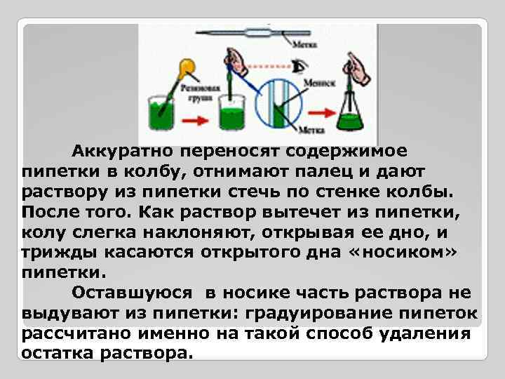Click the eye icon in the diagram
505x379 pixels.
click(300, 67)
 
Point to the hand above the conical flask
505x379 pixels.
click(358, 69)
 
